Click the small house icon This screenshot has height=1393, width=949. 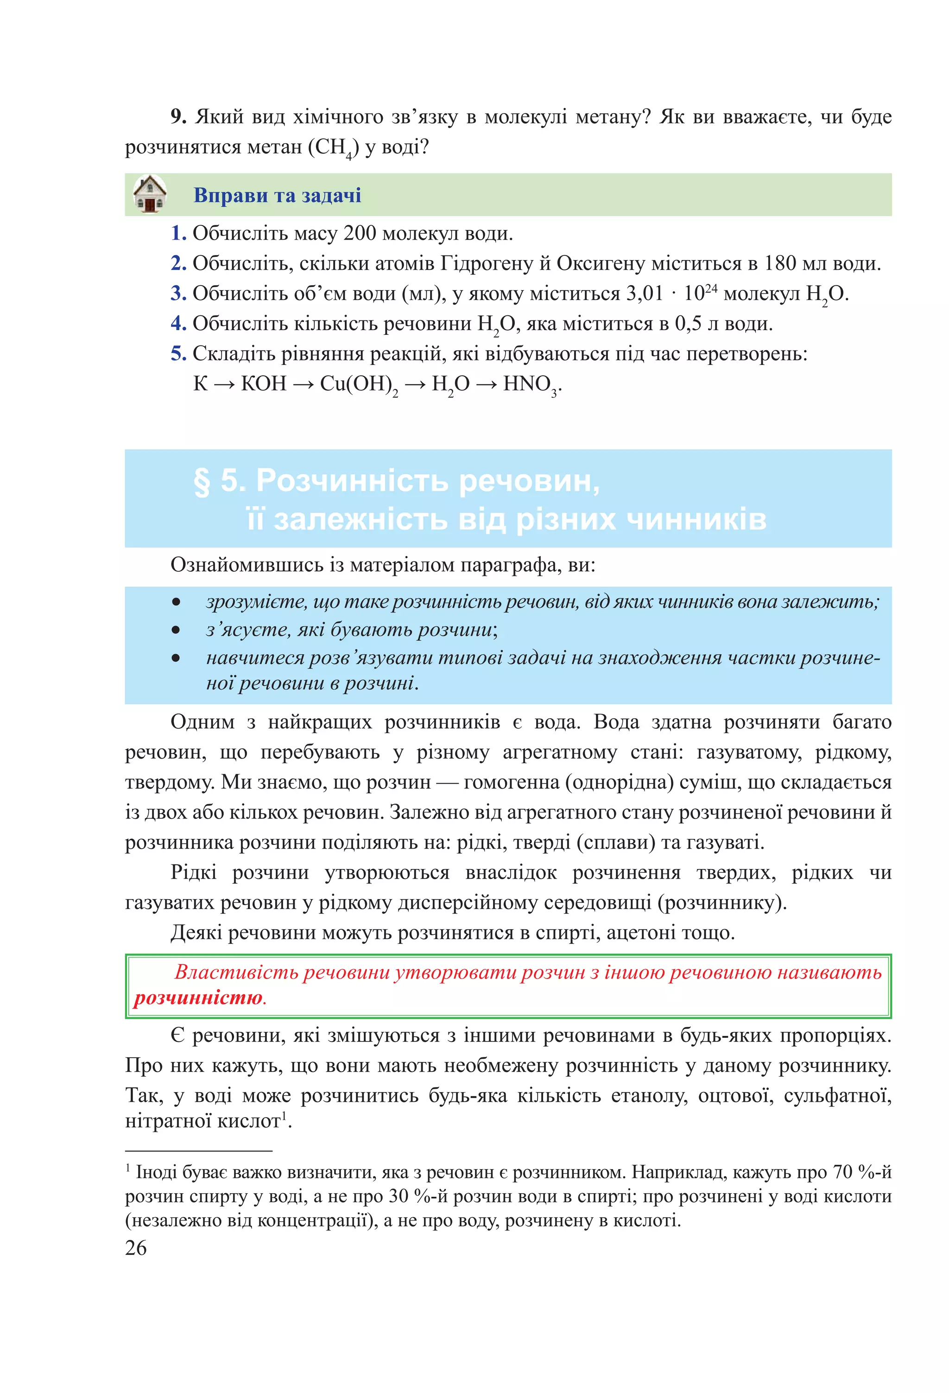[x=149, y=194]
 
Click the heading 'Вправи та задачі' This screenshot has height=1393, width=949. [x=277, y=195]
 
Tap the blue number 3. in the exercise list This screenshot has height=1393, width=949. [x=178, y=293]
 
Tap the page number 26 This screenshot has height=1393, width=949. [x=136, y=1247]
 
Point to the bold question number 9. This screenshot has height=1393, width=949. [x=178, y=116]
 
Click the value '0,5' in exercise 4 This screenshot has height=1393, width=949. [x=688, y=323]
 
